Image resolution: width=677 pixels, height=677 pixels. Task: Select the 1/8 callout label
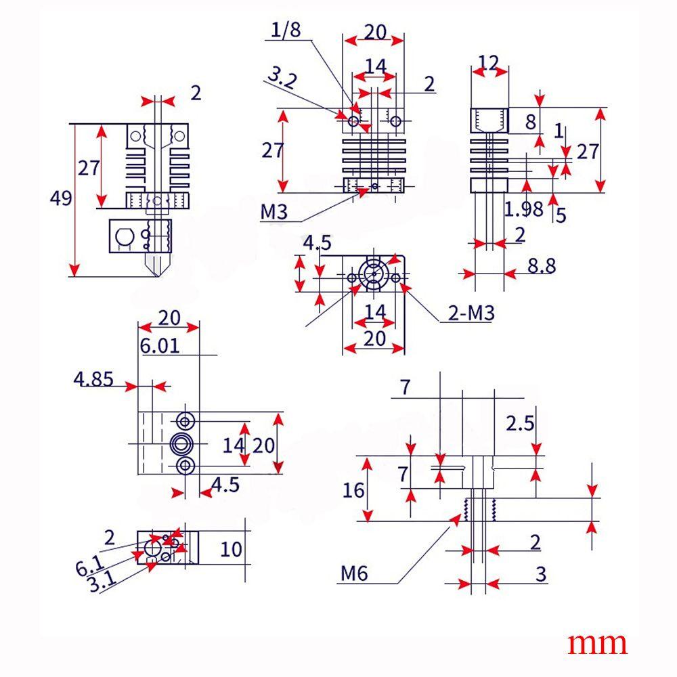click(x=286, y=29)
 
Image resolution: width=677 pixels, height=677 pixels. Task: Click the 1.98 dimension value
click(x=523, y=209)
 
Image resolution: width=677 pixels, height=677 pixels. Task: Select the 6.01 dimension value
click(x=160, y=346)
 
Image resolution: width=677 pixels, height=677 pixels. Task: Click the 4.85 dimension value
click(x=93, y=378)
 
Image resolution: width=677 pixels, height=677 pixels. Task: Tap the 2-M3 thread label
click(x=471, y=313)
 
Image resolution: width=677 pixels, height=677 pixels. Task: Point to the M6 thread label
click(x=353, y=574)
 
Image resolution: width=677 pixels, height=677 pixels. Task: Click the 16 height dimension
click(x=353, y=489)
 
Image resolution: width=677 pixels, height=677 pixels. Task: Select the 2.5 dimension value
click(x=521, y=423)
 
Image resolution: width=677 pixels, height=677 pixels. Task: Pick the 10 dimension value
click(x=231, y=548)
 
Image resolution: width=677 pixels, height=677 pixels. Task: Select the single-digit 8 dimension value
click(x=531, y=122)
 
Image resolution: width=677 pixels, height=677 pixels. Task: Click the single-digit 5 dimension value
click(x=561, y=215)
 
